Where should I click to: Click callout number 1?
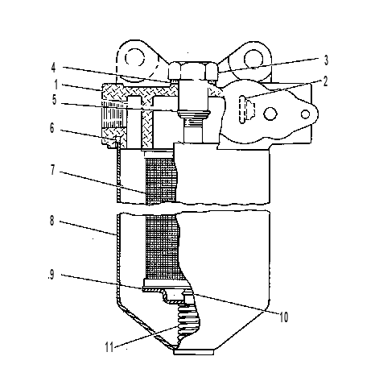click(56, 85)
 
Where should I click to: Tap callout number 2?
click(325, 81)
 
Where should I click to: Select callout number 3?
click(326, 60)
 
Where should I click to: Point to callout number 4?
click(54, 68)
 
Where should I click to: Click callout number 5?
click(55, 100)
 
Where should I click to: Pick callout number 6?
click(52, 128)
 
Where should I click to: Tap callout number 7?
click(53, 170)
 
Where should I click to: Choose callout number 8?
click(52, 221)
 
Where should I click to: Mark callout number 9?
click(51, 275)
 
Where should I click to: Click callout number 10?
click(284, 317)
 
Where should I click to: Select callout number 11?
click(109, 347)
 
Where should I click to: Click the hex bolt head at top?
click(193, 71)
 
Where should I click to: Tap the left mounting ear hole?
click(135, 59)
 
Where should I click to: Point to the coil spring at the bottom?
click(188, 320)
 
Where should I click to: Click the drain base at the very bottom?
click(194, 352)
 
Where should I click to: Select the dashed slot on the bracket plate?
click(242, 110)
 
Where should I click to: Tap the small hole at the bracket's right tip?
click(305, 114)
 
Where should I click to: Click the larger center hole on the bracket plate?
click(270, 114)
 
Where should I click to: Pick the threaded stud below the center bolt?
click(193, 130)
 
